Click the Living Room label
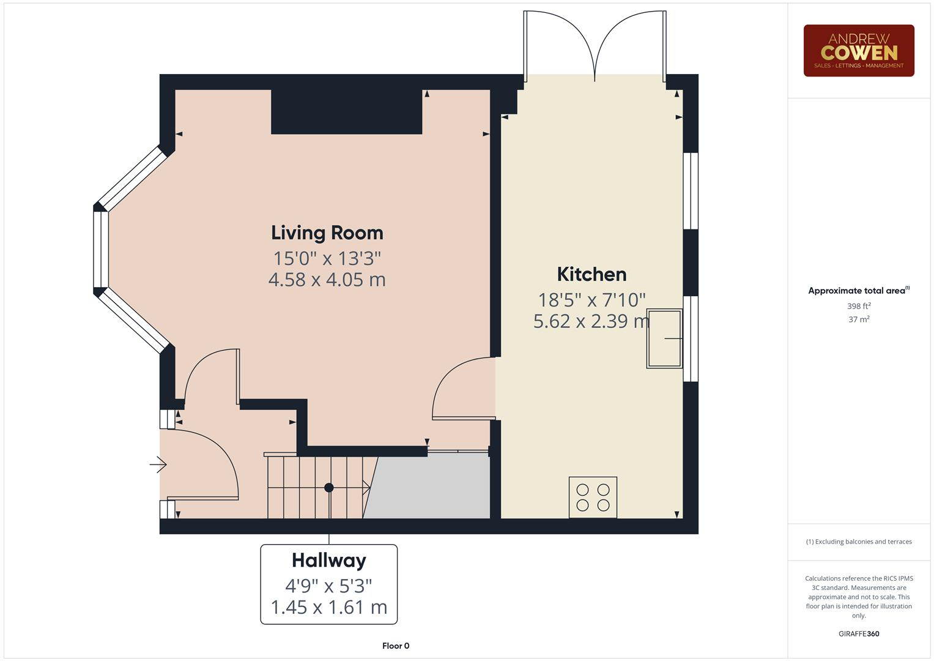pos(327,233)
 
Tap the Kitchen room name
pos(591,274)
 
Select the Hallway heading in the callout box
pos(328,560)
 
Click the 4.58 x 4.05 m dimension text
pos(327,280)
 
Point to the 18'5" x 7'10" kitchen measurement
pos(591,299)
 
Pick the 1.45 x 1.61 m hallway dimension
pos(328,607)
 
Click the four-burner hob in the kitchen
pos(593,497)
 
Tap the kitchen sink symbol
pos(664,338)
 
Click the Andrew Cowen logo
pos(858,51)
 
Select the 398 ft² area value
pos(858,306)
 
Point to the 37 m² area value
pos(858,319)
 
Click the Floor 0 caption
pos(395,646)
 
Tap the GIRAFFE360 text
pos(858,633)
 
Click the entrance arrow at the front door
pos(158,465)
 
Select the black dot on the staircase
pos(329,488)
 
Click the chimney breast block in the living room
pos(346,111)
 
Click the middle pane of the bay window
pos(101,249)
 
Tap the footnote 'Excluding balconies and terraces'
pos(858,542)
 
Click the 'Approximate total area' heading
pos(858,291)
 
